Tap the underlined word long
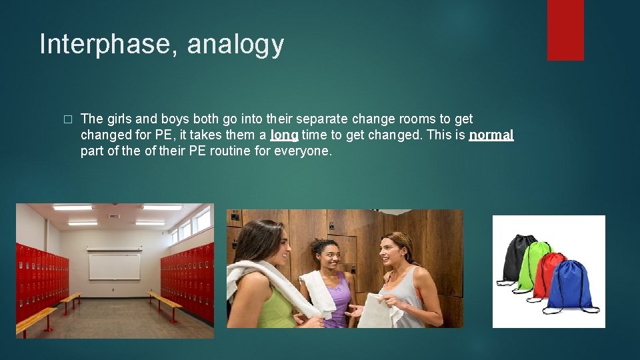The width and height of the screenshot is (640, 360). coord(284,135)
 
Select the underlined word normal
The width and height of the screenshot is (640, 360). coord(491,135)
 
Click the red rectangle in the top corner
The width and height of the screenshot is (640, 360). coord(565,30)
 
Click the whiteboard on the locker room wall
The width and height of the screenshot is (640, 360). coord(115,265)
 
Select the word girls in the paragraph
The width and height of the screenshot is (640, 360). coord(120,119)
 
